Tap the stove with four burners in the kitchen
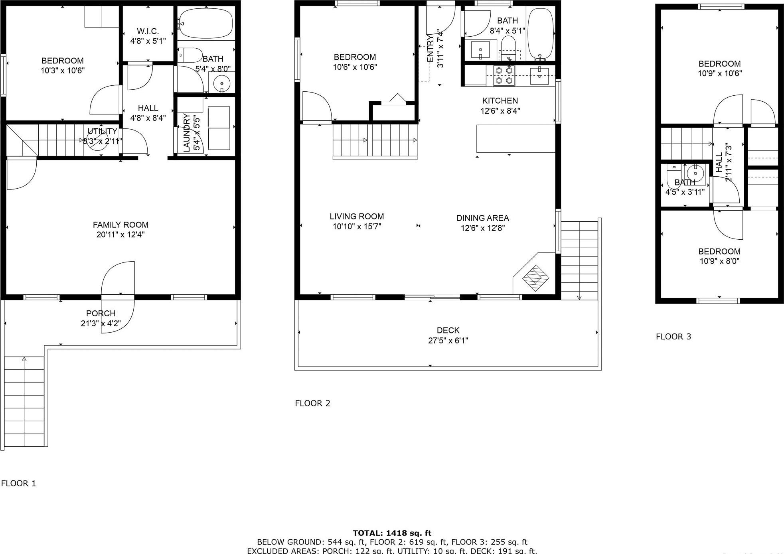pyautogui.click(x=504, y=76)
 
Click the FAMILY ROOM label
pyautogui.click(x=120, y=225)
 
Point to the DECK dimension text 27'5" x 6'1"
pyautogui.click(x=448, y=341)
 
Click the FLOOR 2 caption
pyautogui.click(x=312, y=403)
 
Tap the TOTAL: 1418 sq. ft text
pyautogui.click(x=392, y=533)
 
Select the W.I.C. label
pyautogui.click(x=148, y=31)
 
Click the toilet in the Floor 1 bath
pyautogui.click(x=190, y=55)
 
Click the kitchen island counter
pyautogui.click(x=515, y=138)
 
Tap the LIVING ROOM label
pyautogui.click(x=357, y=217)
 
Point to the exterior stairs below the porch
pyautogui.click(x=24, y=401)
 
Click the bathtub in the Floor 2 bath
pyautogui.click(x=541, y=34)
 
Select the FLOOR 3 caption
pyautogui.click(x=673, y=337)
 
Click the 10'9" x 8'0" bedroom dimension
pyautogui.click(x=719, y=261)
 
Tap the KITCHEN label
pyautogui.click(x=500, y=101)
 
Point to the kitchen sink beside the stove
pyautogui.click(x=539, y=76)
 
